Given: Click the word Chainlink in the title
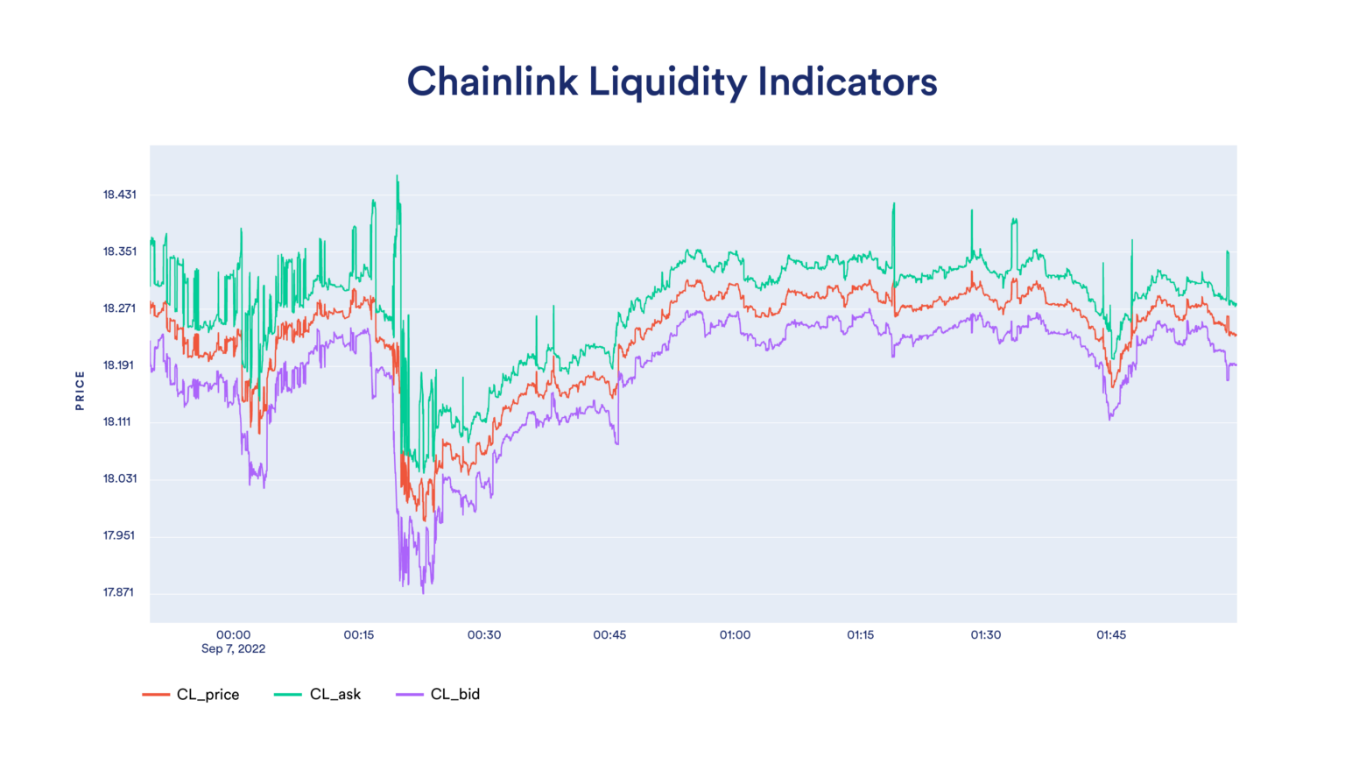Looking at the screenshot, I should (492, 81).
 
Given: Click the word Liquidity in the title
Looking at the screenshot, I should (667, 81).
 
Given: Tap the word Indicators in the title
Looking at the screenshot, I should (847, 81).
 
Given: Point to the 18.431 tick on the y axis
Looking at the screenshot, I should (119, 195).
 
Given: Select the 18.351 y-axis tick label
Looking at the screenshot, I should (119, 251).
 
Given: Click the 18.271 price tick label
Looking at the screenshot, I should (119, 308).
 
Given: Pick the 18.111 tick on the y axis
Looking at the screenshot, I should (116, 421).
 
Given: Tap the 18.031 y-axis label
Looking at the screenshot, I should (119, 478).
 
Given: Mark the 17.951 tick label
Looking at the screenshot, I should (119, 535).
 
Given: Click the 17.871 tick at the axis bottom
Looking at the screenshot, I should (118, 592).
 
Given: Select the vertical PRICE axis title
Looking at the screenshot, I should (80, 390).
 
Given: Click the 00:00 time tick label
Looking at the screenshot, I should (233, 634).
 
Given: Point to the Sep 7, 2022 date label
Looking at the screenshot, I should (233, 648).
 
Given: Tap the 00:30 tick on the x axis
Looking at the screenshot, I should (483, 634).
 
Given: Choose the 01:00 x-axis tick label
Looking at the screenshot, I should (735, 634).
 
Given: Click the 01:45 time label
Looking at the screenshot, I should (1110, 634).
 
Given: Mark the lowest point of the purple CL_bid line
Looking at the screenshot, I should (423, 593).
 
